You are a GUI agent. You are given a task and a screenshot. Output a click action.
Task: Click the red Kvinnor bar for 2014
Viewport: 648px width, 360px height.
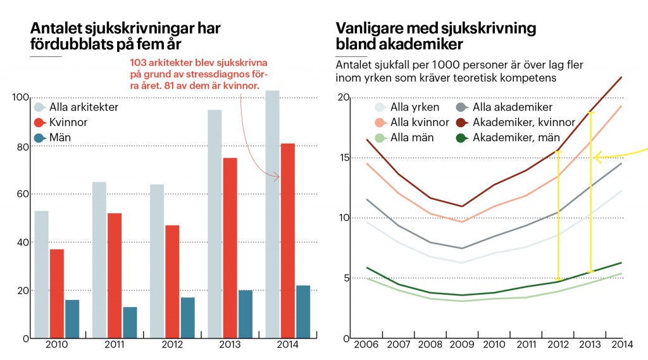click(286, 240)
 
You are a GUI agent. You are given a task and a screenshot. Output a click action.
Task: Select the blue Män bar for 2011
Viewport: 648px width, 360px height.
click(130, 323)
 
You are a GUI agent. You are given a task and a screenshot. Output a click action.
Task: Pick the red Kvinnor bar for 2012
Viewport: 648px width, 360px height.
click(171, 282)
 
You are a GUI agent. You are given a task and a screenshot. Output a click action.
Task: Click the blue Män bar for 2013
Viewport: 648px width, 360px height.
click(246, 314)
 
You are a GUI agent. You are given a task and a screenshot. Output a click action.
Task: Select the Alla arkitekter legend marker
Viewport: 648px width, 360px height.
click(39, 108)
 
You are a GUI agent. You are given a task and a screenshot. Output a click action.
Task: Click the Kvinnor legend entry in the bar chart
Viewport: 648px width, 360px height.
click(60, 123)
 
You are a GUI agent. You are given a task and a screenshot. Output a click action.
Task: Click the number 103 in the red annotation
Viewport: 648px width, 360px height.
click(139, 63)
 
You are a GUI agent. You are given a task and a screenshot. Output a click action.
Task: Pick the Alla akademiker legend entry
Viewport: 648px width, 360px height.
click(504, 108)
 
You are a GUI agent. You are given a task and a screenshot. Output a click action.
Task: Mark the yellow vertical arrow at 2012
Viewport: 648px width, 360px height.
click(558, 215)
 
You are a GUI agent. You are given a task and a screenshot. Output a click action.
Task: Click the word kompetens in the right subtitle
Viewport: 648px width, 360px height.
click(532, 78)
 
